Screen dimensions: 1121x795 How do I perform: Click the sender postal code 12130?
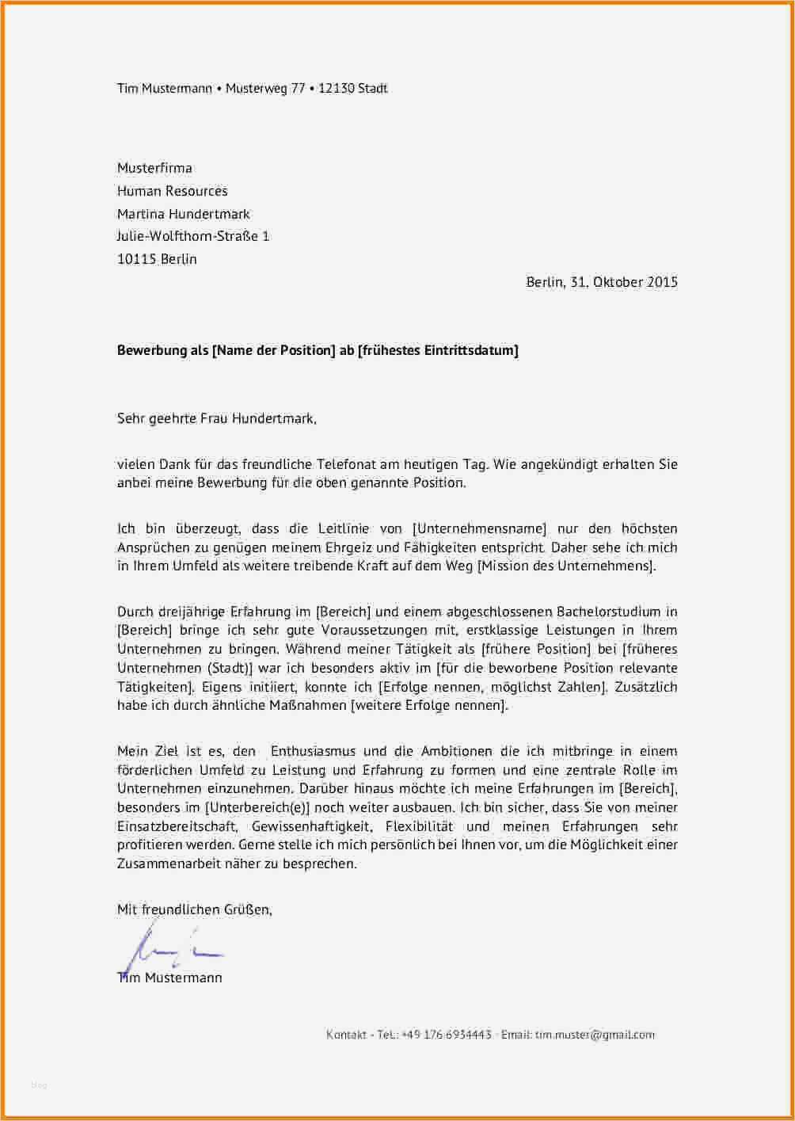coord(336,89)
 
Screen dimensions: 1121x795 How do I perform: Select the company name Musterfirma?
coord(154,168)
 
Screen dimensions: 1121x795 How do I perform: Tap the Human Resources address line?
coord(172,191)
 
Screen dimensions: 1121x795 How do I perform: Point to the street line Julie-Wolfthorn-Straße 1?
coord(193,236)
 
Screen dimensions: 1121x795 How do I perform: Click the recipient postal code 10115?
coord(136,259)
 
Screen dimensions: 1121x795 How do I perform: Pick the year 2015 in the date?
coord(662,282)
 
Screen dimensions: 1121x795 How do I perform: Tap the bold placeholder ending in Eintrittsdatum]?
coord(438,350)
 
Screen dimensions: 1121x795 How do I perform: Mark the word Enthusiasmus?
coord(314,751)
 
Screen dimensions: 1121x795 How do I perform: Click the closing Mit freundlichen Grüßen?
coord(194,909)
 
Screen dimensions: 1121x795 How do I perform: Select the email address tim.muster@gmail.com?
coord(595,1035)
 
